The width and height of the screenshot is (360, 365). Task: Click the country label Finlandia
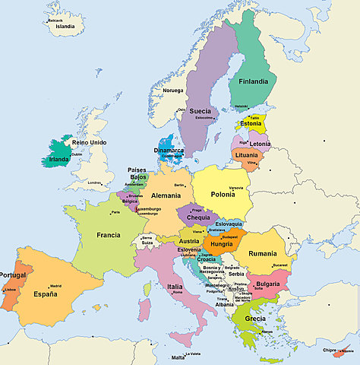click(254, 81)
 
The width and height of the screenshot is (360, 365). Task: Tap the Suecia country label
click(201, 110)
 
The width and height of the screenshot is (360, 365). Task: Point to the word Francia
click(108, 235)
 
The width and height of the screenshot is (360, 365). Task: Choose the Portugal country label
click(13, 275)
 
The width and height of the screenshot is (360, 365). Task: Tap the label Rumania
click(263, 253)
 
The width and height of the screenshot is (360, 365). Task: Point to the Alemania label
click(166, 195)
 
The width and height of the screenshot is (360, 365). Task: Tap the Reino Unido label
click(89, 142)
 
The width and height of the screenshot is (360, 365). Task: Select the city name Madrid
click(56, 286)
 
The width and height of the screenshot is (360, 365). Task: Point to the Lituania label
click(246, 155)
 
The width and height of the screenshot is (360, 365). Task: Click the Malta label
click(178, 357)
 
